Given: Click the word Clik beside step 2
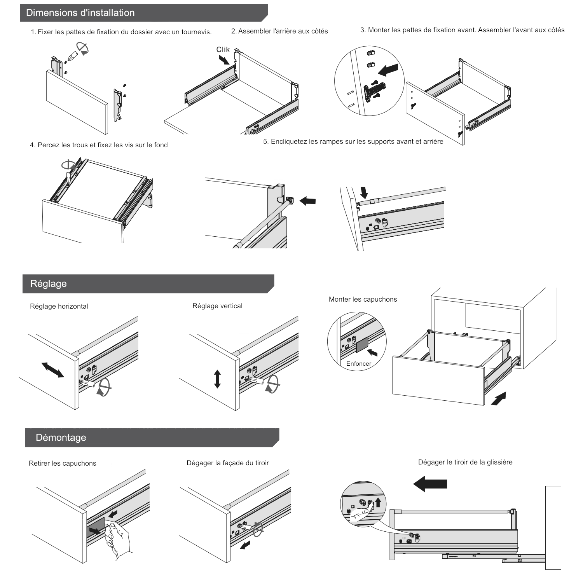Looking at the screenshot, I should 223,49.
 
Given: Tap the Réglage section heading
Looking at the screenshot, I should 49,284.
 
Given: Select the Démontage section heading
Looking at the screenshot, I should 61,438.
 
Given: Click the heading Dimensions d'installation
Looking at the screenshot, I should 80,13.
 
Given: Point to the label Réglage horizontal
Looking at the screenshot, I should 59,306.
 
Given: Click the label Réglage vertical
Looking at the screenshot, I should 217,306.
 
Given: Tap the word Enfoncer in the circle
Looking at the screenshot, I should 359,364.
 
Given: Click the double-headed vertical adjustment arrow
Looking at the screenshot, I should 217,379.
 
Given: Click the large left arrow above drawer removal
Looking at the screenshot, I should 430,484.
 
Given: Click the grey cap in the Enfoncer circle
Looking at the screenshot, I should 362,345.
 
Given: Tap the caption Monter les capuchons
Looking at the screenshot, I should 363,299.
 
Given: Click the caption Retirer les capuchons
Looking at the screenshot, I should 63,463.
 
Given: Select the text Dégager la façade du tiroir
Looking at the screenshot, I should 228,463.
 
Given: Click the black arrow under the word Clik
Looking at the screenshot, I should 224,59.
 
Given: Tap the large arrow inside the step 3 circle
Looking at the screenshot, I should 389,70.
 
